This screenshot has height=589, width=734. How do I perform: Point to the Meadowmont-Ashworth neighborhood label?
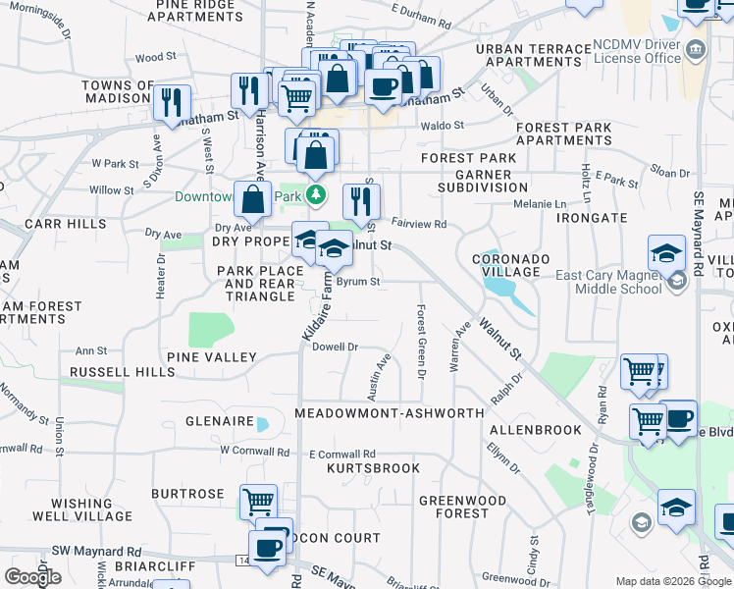click(391, 413)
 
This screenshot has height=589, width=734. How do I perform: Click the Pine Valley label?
click(211, 357)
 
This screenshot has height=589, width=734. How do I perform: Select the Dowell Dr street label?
click(335, 347)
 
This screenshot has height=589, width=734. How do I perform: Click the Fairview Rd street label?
click(419, 224)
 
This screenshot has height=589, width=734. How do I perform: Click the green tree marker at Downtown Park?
click(316, 195)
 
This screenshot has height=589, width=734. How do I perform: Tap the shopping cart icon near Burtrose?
click(258, 502)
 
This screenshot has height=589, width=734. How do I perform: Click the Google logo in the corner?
click(32, 577)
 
